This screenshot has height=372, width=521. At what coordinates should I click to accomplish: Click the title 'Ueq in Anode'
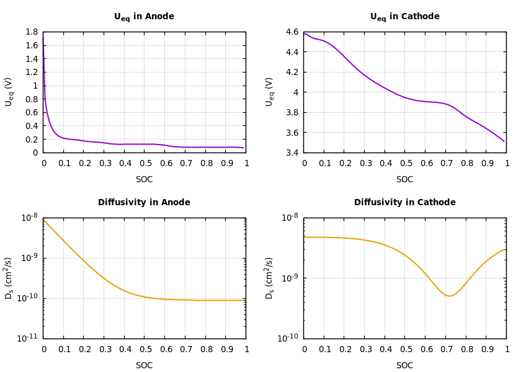tap(144, 17)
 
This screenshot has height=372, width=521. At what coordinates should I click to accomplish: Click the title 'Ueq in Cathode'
tap(404, 17)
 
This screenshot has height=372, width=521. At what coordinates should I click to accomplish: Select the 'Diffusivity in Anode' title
tap(144, 203)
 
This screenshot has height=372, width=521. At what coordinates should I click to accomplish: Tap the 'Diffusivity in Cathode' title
tap(404, 203)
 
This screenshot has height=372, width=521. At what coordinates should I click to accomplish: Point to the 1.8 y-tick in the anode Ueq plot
tap(32, 32)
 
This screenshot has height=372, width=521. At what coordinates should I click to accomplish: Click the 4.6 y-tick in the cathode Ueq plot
tap(292, 32)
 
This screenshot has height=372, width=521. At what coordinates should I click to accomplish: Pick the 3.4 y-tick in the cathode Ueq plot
tap(292, 153)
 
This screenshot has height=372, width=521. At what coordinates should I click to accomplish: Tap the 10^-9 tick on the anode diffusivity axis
tap(30, 257)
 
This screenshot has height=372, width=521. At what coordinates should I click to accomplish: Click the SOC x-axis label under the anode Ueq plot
tap(144, 180)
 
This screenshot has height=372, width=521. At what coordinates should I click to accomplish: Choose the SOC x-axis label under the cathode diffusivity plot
tap(404, 366)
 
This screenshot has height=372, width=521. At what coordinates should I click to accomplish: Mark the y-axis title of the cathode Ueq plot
tap(270, 92)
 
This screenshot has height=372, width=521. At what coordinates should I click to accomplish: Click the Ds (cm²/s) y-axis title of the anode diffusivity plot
tap(9, 278)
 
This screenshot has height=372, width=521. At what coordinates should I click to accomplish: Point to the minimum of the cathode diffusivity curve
tap(449, 296)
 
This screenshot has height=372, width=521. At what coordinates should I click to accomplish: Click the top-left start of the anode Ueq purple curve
tap(43, 36)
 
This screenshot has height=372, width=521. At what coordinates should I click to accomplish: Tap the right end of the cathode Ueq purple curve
tap(504, 141)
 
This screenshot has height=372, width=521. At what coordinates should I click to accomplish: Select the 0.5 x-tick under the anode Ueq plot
tap(145, 164)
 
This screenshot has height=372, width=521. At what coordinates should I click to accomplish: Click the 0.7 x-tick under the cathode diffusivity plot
tap(445, 350)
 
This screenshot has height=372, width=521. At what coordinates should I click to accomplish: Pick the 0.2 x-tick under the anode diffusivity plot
tap(84, 350)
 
